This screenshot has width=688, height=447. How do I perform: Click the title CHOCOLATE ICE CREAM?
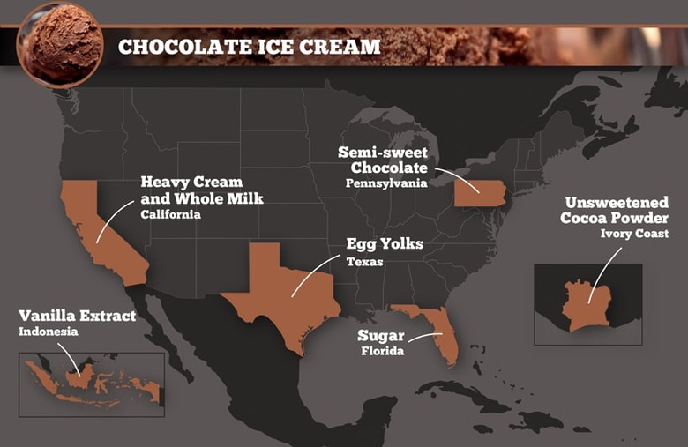point(250,47)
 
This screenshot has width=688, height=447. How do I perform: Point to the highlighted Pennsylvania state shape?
point(479,190)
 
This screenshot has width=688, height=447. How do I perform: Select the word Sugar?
point(381,336)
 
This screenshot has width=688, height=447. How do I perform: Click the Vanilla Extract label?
point(78,316)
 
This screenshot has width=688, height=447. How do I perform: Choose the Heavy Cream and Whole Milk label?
point(201,190)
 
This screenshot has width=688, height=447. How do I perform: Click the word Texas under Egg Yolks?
point(365,261)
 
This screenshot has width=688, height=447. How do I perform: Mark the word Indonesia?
point(49,332)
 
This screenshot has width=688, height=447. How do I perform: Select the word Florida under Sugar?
point(381,351)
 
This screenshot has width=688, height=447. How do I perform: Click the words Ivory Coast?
point(634,234)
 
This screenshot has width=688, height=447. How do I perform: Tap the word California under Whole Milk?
point(170,214)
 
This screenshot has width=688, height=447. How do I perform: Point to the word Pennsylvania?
point(385,183)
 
